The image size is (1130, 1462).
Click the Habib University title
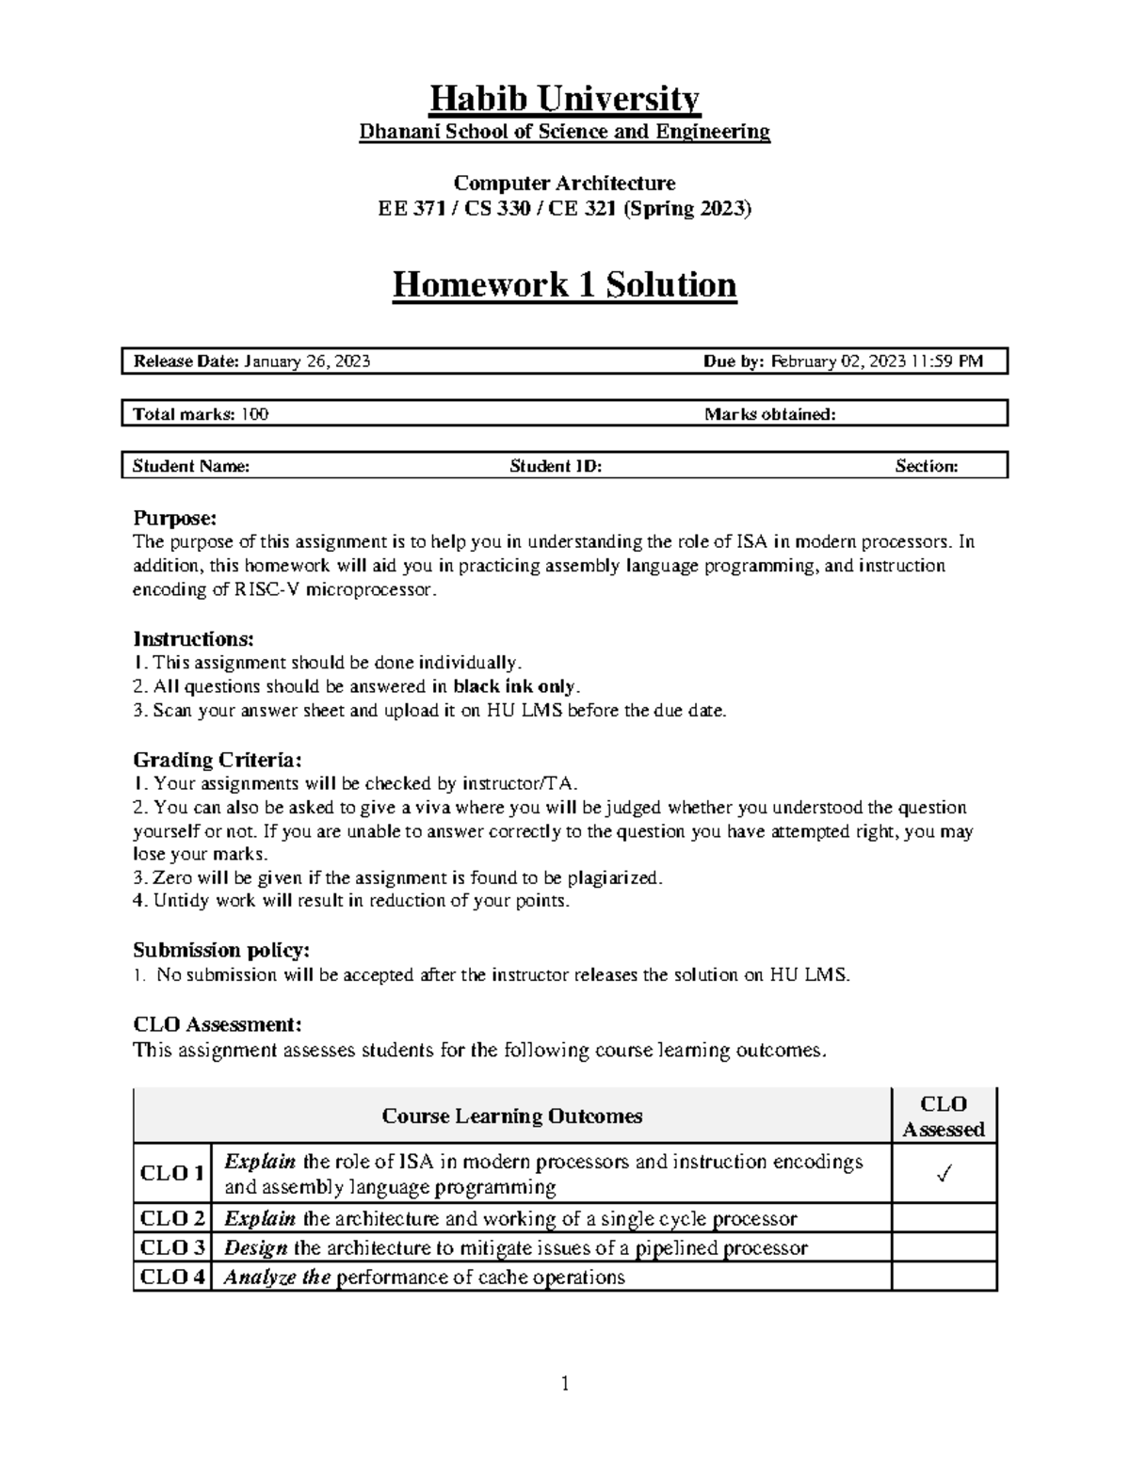564,98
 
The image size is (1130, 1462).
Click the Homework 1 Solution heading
564,284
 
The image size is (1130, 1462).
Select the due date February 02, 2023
838,361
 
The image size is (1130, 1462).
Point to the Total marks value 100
254,414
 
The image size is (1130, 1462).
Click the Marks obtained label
769,414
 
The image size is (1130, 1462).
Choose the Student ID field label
556,466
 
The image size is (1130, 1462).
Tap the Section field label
927,466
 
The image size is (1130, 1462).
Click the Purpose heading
174,518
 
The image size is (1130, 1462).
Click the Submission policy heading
221,950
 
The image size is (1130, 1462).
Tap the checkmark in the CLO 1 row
944,1174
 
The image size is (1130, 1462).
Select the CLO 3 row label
172,1247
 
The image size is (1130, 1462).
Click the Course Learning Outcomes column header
512,1117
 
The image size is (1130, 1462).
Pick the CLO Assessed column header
944,1117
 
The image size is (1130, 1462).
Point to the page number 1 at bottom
565,1383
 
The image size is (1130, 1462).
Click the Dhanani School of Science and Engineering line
564,132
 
